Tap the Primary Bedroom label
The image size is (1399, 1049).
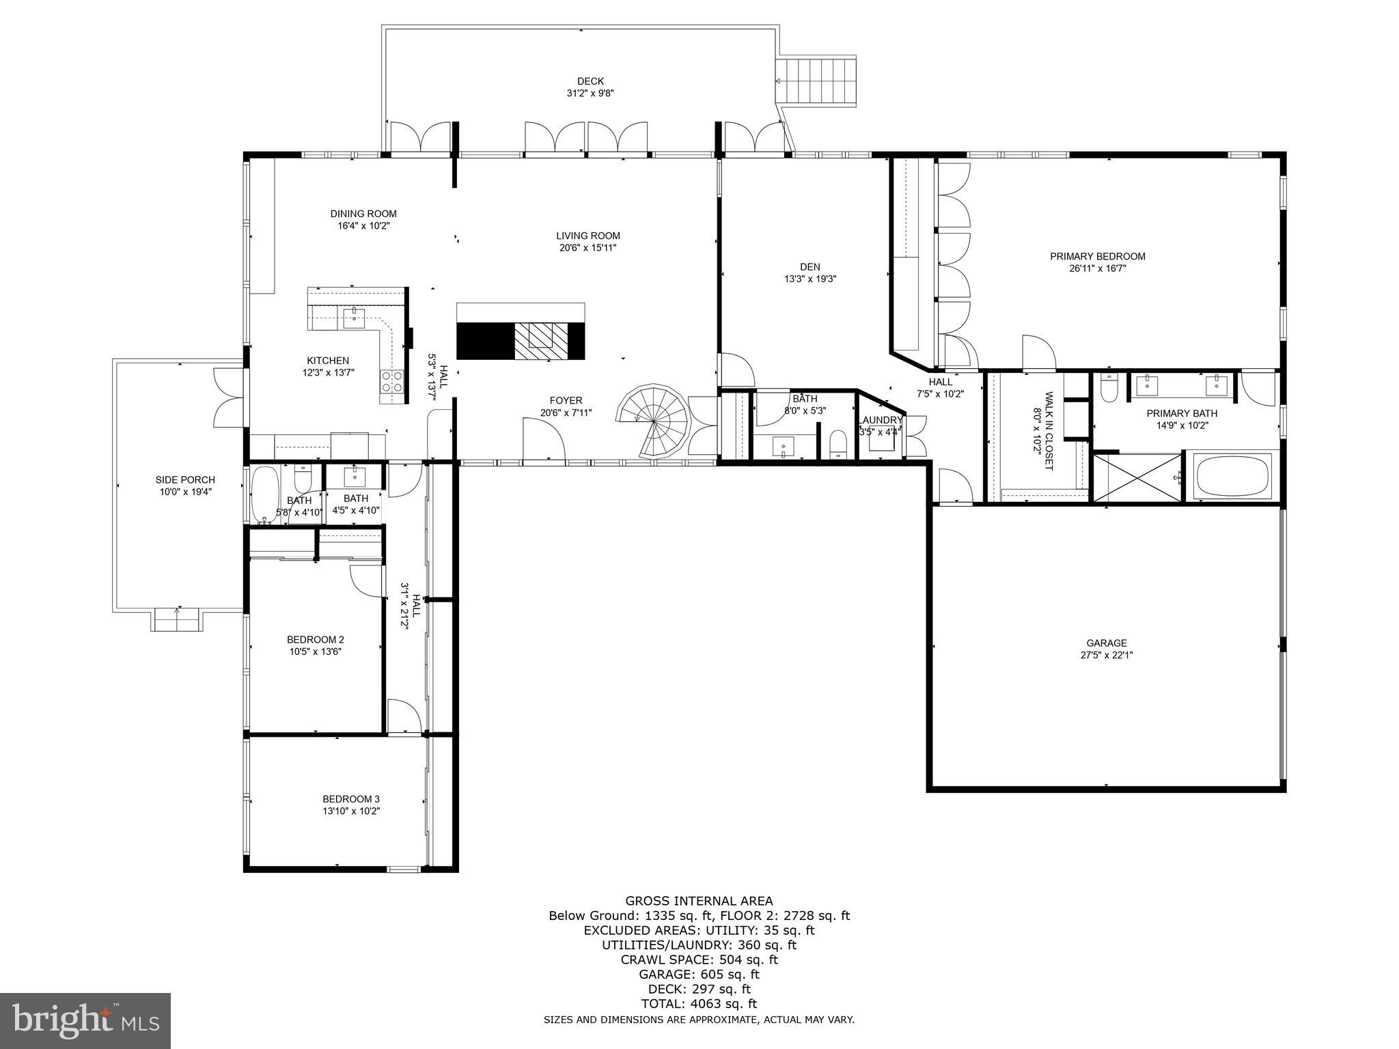click(x=1097, y=257)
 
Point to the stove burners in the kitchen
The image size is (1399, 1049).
click(x=391, y=380)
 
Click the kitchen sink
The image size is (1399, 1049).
click(x=354, y=316)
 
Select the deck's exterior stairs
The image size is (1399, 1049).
click(x=817, y=81)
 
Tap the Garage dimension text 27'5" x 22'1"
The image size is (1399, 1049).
click(x=1106, y=655)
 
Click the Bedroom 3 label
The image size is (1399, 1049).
click(x=351, y=799)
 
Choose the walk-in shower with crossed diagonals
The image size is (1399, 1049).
click(x=1137, y=478)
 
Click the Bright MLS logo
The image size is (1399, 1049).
click(x=85, y=1020)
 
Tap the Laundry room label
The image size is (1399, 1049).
click(x=881, y=420)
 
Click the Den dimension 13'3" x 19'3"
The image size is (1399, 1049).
click(x=810, y=279)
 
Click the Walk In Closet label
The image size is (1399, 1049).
click(x=1043, y=431)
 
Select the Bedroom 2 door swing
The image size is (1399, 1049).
click(x=365, y=581)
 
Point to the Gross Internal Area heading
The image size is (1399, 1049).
click(x=699, y=901)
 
